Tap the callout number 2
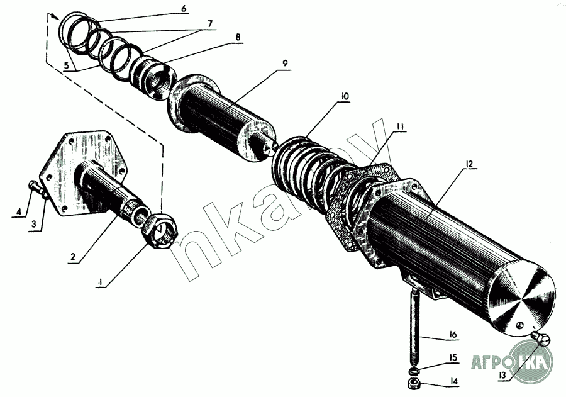coord(73,257)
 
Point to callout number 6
coord(183,9)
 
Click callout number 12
coord(469,165)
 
